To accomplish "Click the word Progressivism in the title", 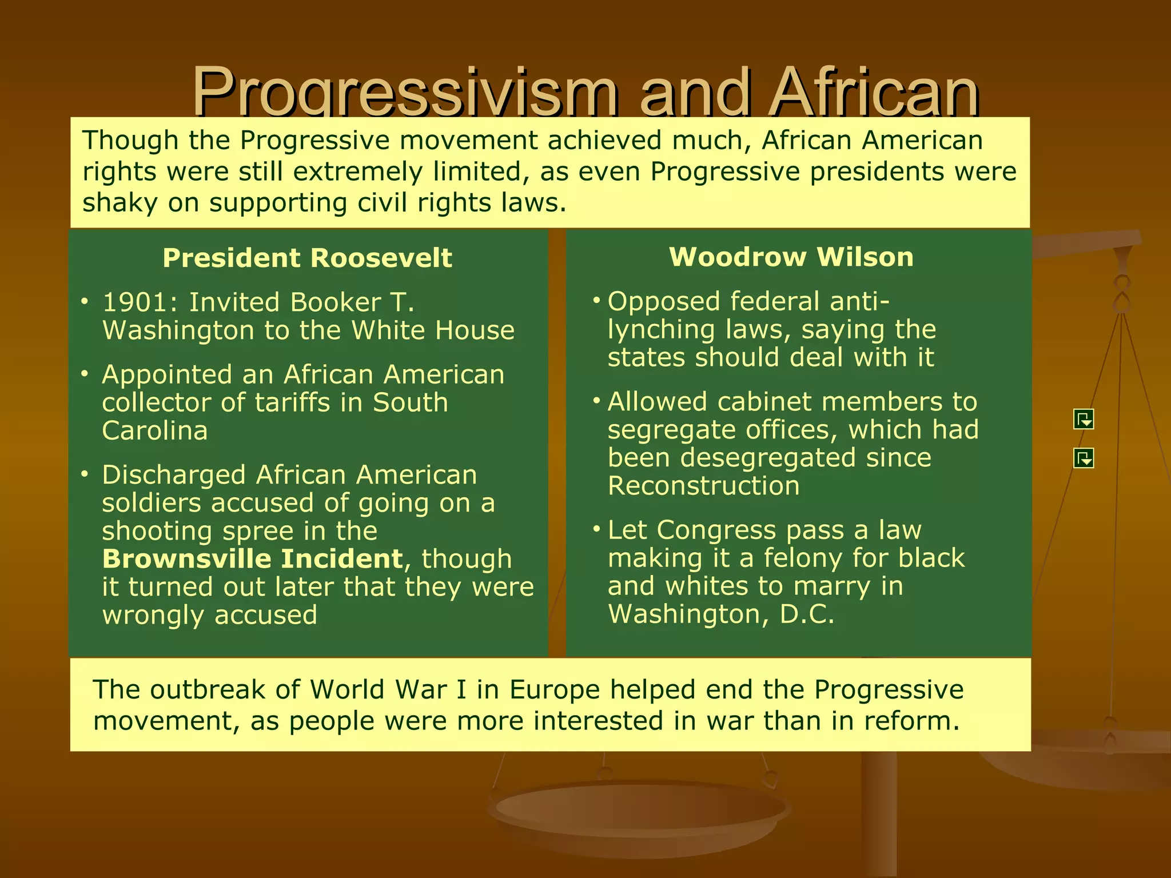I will click(405, 91).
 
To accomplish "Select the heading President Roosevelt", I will click(307, 258).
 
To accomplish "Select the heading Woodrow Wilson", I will click(791, 257).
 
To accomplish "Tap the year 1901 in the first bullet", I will click(140, 302).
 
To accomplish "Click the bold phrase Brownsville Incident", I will click(253, 559).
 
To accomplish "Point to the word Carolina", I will click(154, 430).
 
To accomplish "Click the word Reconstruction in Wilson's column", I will click(703, 486).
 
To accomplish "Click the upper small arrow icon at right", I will click(1084, 420).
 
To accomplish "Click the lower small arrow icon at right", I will click(1084, 457).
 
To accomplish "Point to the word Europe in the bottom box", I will click(554, 689).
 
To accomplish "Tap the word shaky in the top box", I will click(120, 203).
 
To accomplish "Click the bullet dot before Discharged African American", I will click(85, 474).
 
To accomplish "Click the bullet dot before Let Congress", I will click(596, 529).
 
